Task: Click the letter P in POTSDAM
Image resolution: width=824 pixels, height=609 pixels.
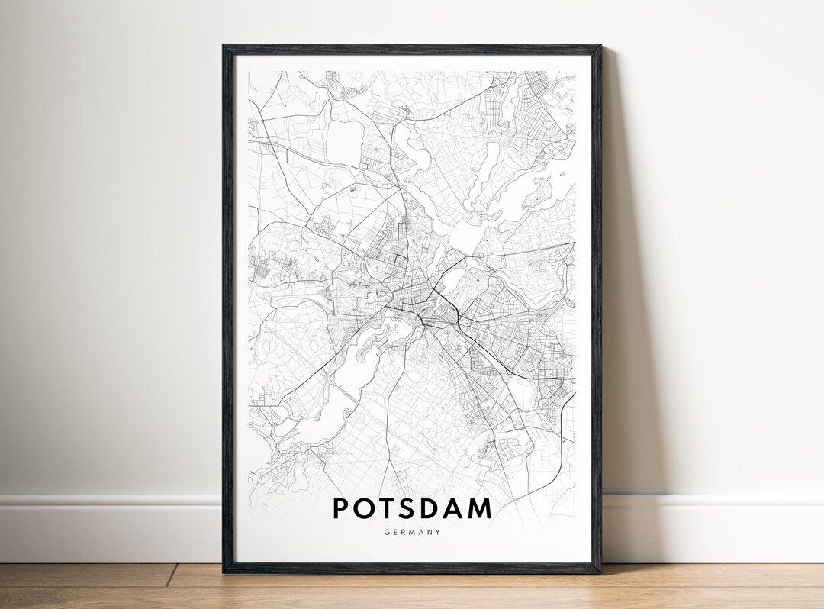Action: click(x=341, y=508)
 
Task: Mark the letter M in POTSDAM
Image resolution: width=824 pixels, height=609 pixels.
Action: click(x=482, y=508)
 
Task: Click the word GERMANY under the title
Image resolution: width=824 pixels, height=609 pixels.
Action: click(x=412, y=533)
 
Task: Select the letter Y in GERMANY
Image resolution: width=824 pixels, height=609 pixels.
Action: click(x=438, y=533)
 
